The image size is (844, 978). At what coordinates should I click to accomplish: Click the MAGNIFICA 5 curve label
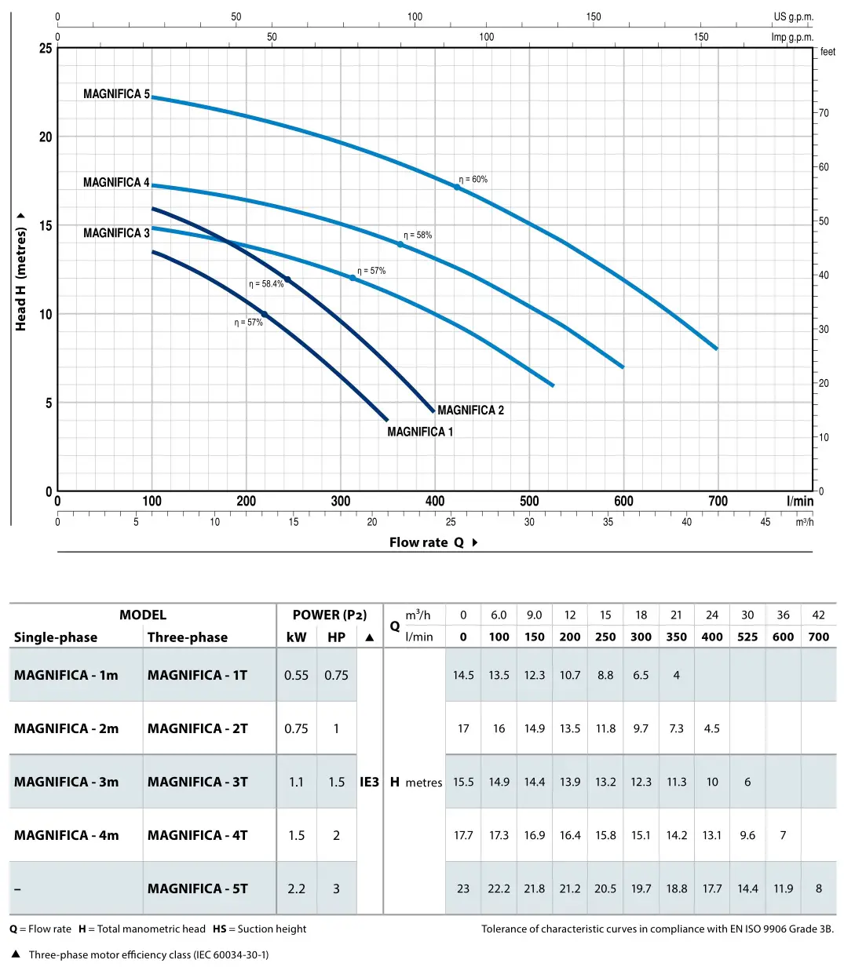click(x=116, y=94)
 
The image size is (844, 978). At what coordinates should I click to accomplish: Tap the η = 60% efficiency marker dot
click(x=457, y=187)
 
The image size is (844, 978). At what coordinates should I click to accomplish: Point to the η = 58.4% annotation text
click(x=266, y=284)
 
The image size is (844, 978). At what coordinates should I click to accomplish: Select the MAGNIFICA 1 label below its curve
click(x=420, y=432)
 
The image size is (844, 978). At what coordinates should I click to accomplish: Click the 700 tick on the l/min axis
click(x=718, y=502)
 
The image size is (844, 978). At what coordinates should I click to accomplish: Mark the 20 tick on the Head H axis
click(x=46, y=137)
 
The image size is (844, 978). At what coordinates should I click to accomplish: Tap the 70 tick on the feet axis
click(x=824, y=113)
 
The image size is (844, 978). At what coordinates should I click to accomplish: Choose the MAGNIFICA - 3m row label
click(x=66, y=782)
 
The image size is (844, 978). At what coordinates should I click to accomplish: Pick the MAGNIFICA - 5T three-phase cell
click(x=197, y=889)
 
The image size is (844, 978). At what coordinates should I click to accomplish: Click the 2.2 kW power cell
click(x=296, y=889)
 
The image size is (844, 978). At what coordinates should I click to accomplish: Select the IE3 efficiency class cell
click(x=369, y=782)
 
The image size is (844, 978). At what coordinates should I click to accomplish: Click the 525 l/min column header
click(x=747, y=637)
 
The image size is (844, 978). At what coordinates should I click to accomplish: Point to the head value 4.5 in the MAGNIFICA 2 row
click(x=711, y=728)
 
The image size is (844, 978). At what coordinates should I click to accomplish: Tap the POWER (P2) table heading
click(x=329, y=615)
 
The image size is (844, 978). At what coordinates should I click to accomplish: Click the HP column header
click(x=336, y=637)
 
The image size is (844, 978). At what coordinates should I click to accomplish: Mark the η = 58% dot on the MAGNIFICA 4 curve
click(x=400, y=245)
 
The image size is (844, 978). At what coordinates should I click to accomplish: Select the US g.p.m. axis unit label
click(x=793, y=16)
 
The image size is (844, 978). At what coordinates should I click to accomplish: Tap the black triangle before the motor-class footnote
click(x=16, y=954)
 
